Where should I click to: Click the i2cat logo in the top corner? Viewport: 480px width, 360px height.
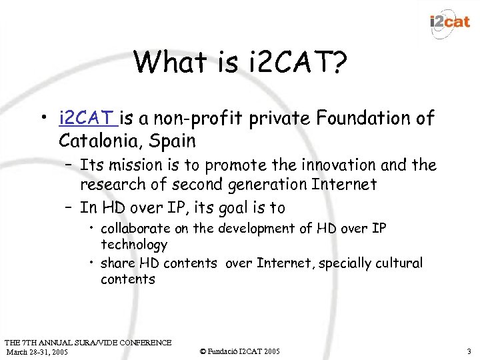450,22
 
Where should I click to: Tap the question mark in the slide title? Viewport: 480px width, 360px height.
338,62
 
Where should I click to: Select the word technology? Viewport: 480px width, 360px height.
133,245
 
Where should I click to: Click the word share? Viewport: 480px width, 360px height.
116,263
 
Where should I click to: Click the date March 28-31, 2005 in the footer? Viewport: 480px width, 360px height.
37,351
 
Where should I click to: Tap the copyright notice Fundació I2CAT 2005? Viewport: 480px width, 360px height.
240,351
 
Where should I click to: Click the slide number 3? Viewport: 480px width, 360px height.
469,351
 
